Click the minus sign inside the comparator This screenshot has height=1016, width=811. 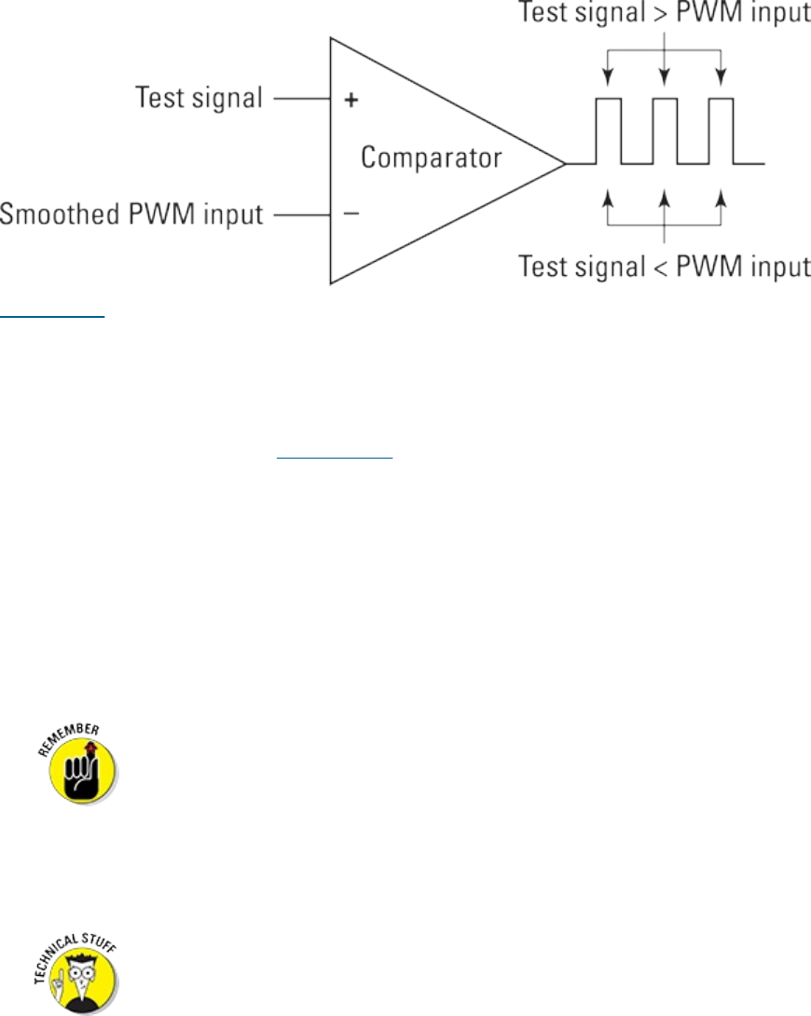pyautogui.click(x=351, y=214)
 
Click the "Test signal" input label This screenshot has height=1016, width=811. pyautogui.click(x=199, y=97)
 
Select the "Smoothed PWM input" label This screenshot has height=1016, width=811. pyautogui.click(x=132, y=216)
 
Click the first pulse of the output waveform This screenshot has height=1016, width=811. pyautogui.click(x=608, y=130)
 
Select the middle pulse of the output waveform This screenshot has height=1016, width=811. pyautogui.click(x=664, y=130)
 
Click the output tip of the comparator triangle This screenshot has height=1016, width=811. pyautogui.click(x=564, y=163)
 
